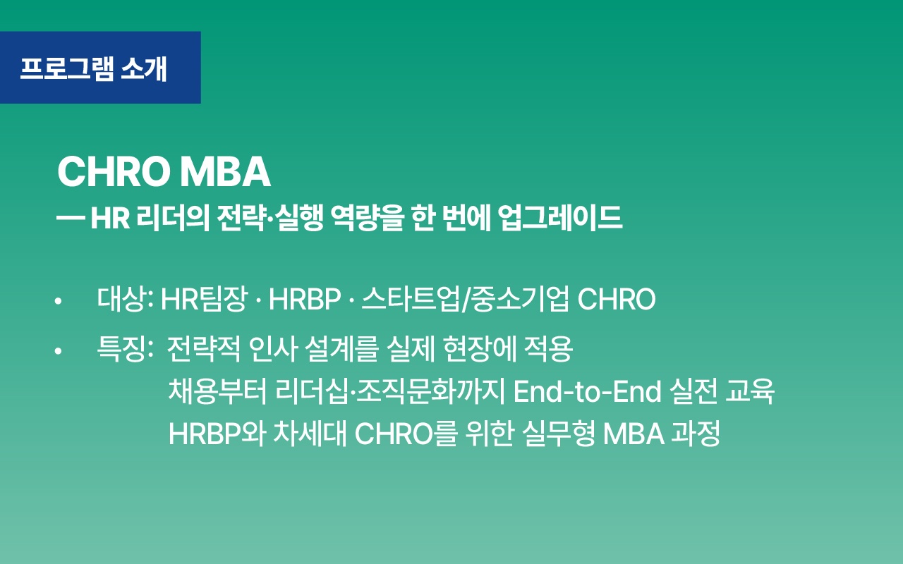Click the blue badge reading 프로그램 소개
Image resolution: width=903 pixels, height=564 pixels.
click(x=99, y=68)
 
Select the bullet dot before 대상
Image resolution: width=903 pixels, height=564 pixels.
click(x=59, y=301)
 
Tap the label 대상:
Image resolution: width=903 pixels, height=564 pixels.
click(x=126, y=300)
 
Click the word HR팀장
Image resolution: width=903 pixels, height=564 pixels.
click(x=204, y=300)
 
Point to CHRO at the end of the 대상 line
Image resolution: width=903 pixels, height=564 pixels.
click(x=617, y=300)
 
